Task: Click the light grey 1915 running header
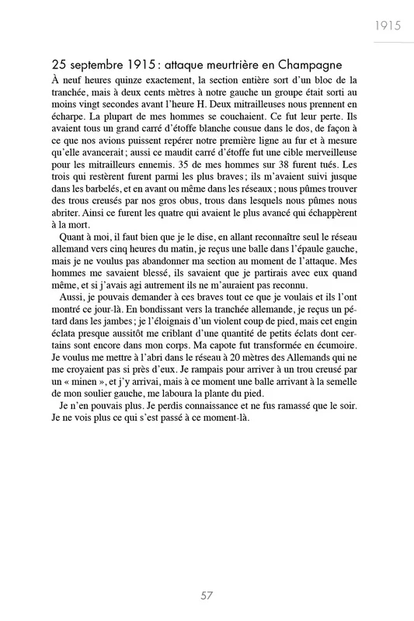click(x=385, y=25)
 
